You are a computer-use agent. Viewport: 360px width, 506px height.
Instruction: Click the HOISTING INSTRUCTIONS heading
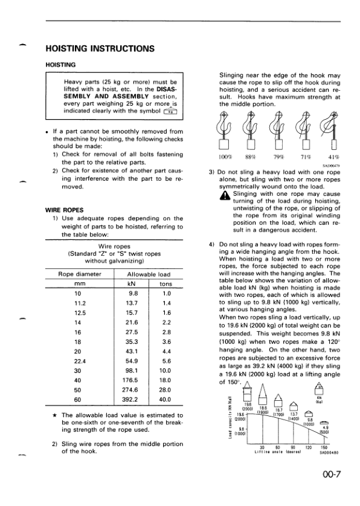[99, 48]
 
